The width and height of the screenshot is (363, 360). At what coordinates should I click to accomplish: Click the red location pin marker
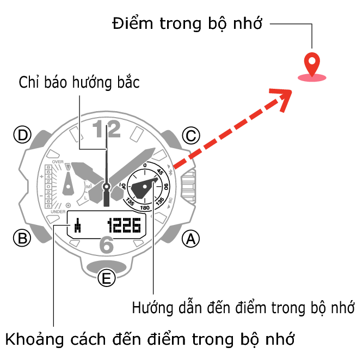click(311, 66)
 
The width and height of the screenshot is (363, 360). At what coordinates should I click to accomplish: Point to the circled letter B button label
click(22, 238)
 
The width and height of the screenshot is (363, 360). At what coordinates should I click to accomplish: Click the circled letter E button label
click(107, 279)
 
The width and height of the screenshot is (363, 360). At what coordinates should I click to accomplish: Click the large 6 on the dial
click(107, 246)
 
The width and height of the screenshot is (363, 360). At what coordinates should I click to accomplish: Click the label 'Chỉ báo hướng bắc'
click(79, 83)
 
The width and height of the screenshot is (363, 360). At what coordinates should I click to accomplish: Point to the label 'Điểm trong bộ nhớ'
click(187, 23)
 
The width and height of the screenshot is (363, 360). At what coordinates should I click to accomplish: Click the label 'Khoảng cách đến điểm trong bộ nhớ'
click(150, 339)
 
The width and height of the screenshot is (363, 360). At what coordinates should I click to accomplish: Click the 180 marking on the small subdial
click(145, 208)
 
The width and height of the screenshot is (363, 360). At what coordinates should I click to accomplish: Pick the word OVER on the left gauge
click(58, 162)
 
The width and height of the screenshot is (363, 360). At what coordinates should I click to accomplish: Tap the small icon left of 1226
click(79, 225)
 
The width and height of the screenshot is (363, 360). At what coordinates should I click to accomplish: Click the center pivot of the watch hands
click(107, 187)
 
